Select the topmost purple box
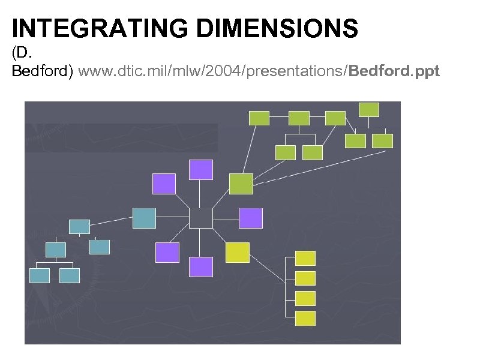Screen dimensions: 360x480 click(201, 170)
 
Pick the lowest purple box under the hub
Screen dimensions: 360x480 click(201, 266)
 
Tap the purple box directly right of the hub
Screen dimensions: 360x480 click(251, 218)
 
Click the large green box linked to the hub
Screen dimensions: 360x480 click(241, 184)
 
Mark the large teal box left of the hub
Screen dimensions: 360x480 click(144, 218)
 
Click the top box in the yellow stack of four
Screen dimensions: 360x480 click(305, 258)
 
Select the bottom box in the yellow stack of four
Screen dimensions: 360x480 click(305, 318)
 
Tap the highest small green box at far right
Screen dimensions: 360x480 click(368, 109)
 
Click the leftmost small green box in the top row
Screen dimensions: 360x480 click(259, 118)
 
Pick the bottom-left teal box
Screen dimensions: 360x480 click(40, 275)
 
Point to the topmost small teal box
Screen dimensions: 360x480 click(79, 226)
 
